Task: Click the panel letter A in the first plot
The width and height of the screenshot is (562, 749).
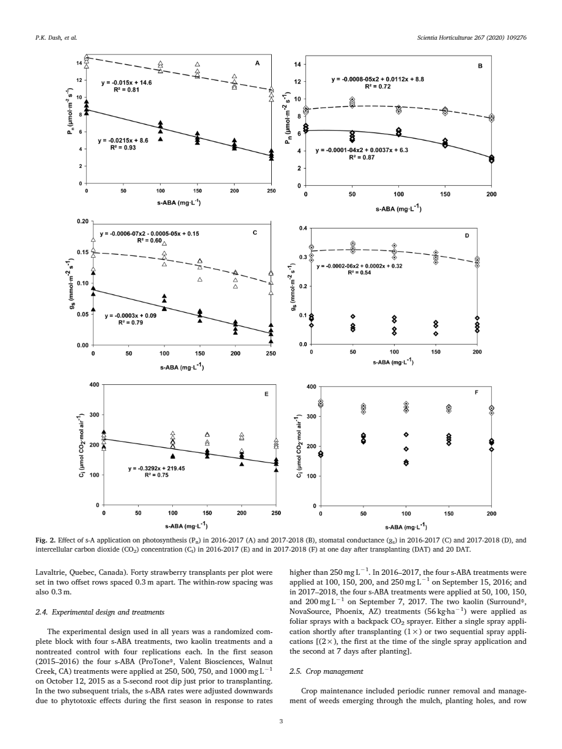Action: (x=257, y=63)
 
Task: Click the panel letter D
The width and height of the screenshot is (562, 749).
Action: (x=467, y=236)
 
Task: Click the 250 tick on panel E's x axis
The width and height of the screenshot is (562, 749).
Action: (x=276, y=513)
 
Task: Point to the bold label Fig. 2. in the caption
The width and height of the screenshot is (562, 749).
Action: (x=44, y=540)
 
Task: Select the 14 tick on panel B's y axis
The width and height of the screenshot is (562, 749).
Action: (x=297, y=64)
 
